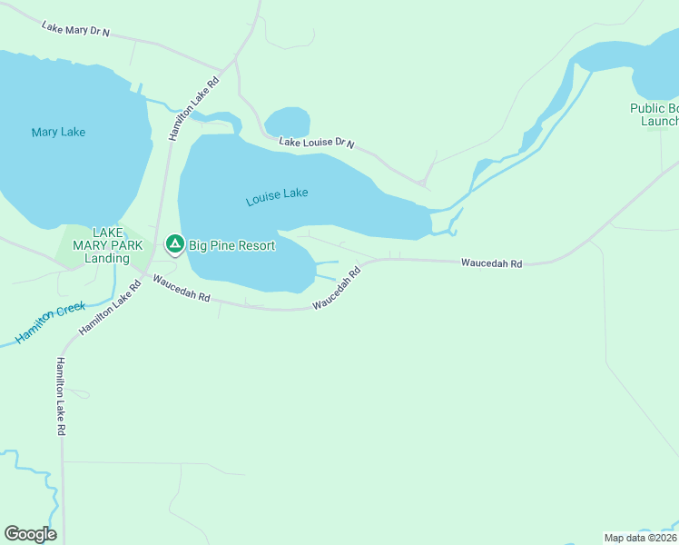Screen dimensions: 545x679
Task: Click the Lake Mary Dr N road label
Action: tap(75, 29)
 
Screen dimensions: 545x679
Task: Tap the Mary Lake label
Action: tap(58, 133)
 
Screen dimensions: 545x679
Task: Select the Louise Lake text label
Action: tap(277, 197)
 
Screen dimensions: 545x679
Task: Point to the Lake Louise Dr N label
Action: tap(316, 144)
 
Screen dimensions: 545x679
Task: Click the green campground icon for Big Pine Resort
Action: tap(174, 244)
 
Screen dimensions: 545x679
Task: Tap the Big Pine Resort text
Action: tap(231, 245)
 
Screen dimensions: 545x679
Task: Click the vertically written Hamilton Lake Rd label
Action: tap(61, 398)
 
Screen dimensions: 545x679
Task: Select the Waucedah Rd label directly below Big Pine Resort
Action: tap(182, 290)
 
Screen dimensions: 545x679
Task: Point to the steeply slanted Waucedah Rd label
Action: tap(337, 288)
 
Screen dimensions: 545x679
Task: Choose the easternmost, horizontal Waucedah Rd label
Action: tap(491, 263)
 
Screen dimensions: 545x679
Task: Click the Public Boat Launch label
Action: tap(655, 114)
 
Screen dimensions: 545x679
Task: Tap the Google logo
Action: tap(30, 534)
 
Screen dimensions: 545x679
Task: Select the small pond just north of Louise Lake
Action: tap(287, 122)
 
